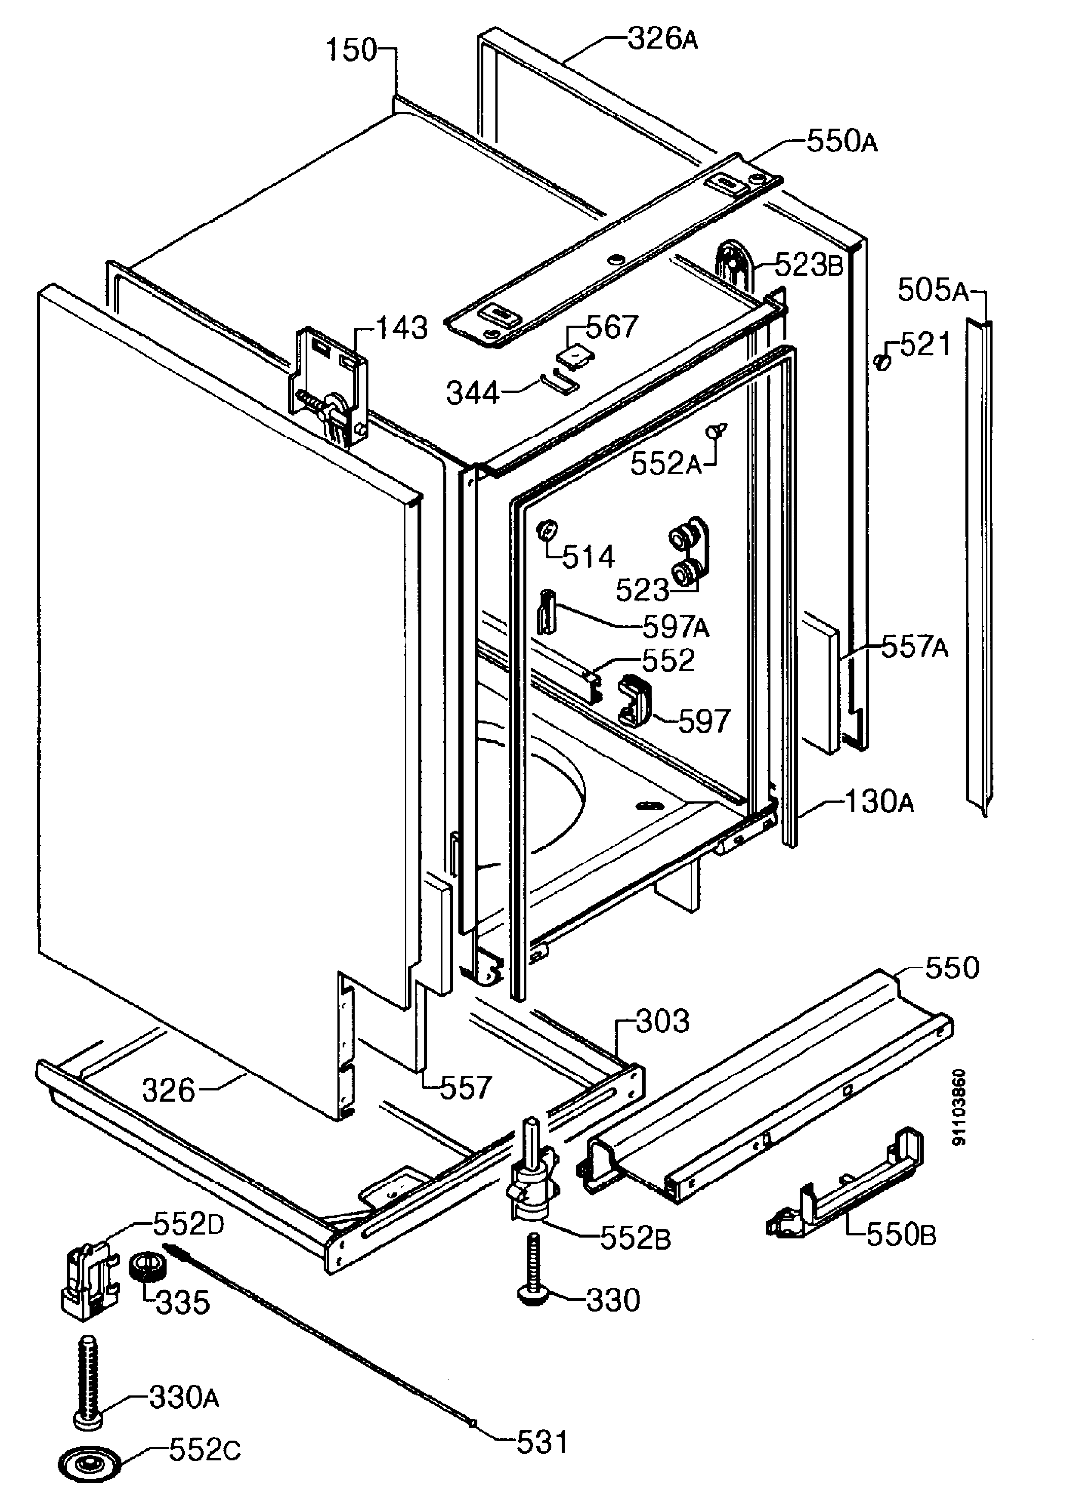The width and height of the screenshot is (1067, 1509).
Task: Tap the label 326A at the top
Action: point(663,40)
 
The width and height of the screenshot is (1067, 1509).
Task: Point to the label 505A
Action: point(933,290)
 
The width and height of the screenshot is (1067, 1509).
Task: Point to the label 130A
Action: point(879,803)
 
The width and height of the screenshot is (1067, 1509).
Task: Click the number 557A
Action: point(915,647)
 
